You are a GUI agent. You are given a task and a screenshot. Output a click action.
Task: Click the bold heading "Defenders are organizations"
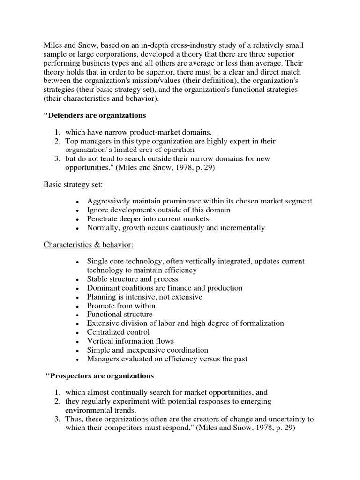coord(95,115)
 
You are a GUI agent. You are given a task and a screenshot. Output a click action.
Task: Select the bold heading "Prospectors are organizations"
coord(100,376)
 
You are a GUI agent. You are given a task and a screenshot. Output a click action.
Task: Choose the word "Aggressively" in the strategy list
coord(109,201)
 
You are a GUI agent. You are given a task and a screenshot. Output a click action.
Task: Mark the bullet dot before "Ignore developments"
coord(76,210)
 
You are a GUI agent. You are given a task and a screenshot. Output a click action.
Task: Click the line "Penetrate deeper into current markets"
coord(148,219)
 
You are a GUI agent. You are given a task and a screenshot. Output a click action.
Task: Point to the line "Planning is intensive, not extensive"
coord(144,297)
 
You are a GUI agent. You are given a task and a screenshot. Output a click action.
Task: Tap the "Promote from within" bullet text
coord(121,306)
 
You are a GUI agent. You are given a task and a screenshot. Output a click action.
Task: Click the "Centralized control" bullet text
coord(119,332)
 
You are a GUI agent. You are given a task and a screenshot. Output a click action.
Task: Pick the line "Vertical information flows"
coord(130,341)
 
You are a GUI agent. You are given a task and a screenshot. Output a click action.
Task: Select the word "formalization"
coord(261,323)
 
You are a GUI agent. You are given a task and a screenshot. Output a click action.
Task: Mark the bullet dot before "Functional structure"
coord(76,315)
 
